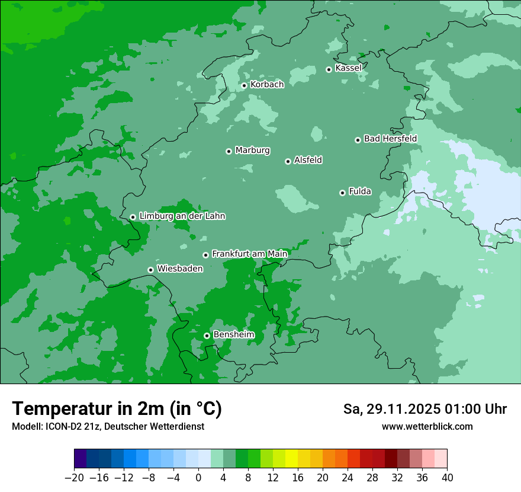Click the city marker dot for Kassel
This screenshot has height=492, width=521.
tap(329, 69)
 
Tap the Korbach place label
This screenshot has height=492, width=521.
tap(267, 85)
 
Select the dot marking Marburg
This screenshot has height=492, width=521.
tap(229, 151)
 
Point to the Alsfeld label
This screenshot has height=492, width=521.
tap(308, 160)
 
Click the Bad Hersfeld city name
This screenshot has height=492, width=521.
tap(390, 139)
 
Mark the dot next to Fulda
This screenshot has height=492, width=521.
tap(342, 193)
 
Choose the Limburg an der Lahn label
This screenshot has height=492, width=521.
tap(182, 216)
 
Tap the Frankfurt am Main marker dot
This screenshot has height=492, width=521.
tap(205, 255)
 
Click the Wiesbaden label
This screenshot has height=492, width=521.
tap(180, 269)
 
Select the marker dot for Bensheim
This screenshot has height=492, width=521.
tap(207, 336)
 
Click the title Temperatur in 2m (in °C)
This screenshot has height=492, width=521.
tap(117, 409)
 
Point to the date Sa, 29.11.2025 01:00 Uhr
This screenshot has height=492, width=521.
tap(424, 409)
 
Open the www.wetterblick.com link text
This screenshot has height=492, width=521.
tap(427, 426)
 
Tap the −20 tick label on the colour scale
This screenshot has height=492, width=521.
tap(74, 478)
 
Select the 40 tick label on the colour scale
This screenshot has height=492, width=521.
tap(447, 478)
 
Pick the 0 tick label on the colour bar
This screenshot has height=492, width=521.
tap(198, 478)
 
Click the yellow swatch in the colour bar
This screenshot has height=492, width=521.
tap(291, 459)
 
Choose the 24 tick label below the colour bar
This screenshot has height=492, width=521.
tap(348, 478)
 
